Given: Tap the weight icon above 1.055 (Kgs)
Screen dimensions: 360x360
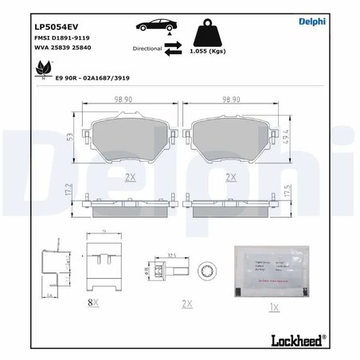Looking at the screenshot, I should coord(213,32).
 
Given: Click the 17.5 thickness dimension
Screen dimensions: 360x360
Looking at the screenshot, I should coord(285,192).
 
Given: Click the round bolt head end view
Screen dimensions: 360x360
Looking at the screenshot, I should coord(209,271).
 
